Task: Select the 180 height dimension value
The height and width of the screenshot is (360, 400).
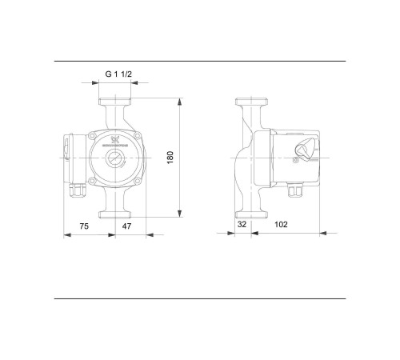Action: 170,157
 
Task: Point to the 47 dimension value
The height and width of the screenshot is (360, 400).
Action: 126,226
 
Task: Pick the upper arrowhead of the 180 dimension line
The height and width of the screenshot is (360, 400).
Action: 182,102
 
